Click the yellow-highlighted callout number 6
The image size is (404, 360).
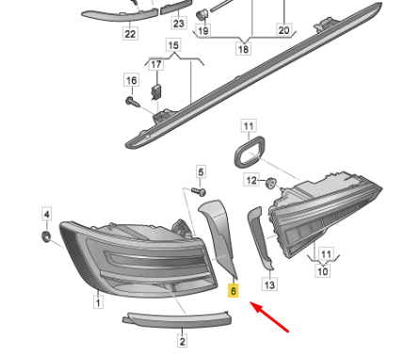click(x=234, y=291)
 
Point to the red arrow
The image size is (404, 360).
click(x=269, y=317)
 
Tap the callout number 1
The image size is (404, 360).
click(x=98, y=303)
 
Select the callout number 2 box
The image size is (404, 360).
click(x=183, y=340)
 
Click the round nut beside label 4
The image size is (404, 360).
click(x=46, y=236)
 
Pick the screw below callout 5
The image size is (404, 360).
click(x=199, y=191)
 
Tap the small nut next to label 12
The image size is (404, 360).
click(x=270, y=183)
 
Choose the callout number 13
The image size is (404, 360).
click(x=269, y=285)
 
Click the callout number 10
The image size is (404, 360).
click(x=323, y=270)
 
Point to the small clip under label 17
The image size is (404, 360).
click(x=156, y=91)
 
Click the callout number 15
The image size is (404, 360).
click(x=173, y=45)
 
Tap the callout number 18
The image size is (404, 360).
click(x=243, y=49)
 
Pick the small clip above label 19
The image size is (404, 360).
click(x=202, y=15)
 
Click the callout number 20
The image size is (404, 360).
click(x=283, y=30)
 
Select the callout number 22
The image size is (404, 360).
click(x=130, y=34)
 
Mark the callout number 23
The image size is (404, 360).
click(x=179, y=24)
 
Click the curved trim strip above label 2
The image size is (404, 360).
click(x=177, y=319)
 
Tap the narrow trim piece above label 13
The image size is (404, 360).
click(x=259, y=237)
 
